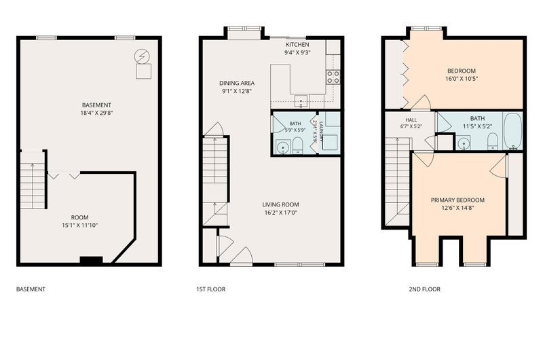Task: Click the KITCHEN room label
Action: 297,45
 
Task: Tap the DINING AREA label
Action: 237,83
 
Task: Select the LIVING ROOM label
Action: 280,204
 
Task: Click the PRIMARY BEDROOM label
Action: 457,200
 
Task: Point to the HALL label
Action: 411,120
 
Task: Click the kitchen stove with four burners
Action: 333,77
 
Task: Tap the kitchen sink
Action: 301,101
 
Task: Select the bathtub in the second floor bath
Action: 512,131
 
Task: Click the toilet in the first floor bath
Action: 298,145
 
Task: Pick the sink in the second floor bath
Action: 463,143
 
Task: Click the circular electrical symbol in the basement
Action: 142,56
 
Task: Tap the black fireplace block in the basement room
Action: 91,260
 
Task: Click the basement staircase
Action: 33,180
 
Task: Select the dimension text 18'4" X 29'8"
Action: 96,113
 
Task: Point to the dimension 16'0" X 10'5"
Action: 462,79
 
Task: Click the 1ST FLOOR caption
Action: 211,289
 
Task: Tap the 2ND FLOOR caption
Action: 425,289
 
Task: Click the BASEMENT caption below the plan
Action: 31,289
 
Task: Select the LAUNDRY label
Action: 321,131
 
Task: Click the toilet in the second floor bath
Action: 493,142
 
